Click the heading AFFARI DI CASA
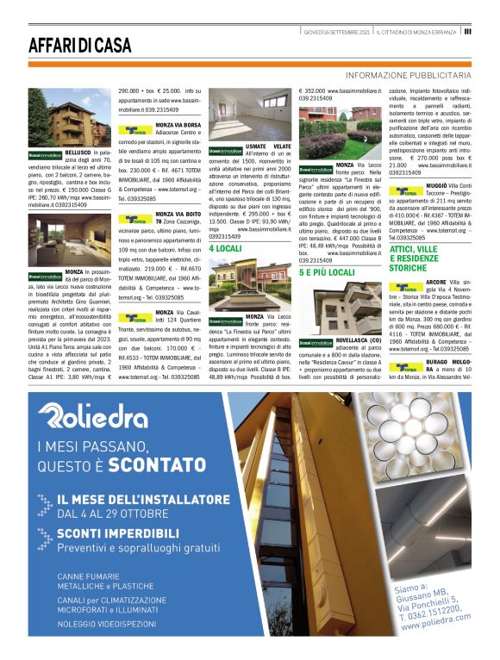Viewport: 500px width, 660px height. [80, 45]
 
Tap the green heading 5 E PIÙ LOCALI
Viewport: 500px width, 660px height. [327, 272]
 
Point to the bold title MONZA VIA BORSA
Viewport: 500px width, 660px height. [178, 125]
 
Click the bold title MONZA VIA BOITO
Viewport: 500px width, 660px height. [178, 214]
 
